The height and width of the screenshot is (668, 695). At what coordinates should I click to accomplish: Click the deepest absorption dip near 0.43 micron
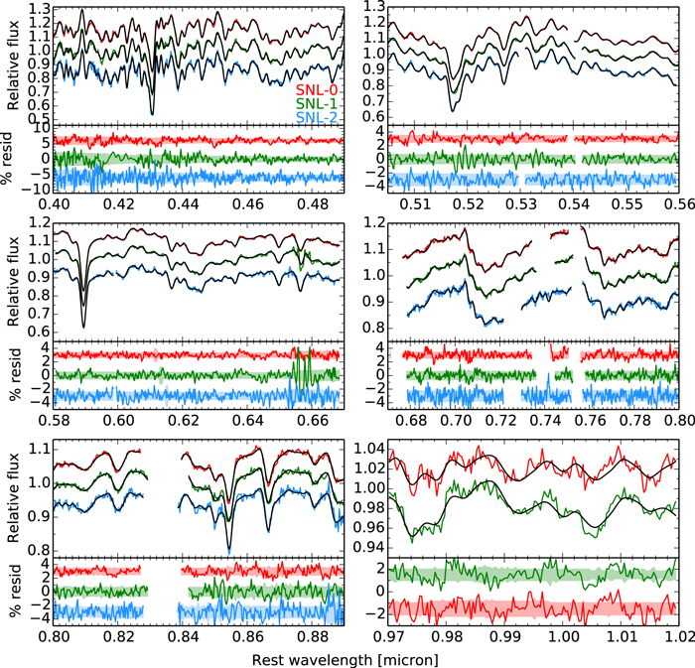click(152, 112)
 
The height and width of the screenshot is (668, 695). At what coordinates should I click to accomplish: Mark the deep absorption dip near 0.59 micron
click(83, 325)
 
